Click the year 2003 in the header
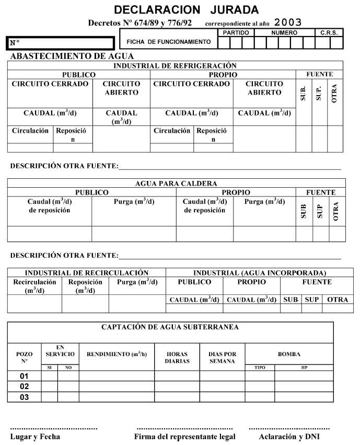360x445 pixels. tap(288, 22)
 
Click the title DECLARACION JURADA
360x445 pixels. tap(186, 9)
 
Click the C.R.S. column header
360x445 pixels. tap(329, 32)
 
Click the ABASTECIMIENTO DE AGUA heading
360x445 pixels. tap(72, 56)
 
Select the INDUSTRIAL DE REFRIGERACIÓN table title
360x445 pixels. tap(175, 66)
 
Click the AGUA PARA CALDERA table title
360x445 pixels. tap(176, 184)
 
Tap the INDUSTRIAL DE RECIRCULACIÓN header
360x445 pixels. tap(87, 273)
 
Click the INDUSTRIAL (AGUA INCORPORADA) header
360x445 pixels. tap(260, 273)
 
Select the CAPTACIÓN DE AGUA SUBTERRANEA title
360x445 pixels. tap(170, 327)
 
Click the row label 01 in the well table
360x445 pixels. tap(24, 376)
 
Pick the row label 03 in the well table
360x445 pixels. tap(24, 397)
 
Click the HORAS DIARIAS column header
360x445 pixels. tap(177, 358)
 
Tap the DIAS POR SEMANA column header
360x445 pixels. tap(222, 358)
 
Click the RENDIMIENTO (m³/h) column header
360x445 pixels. tap(117, 354)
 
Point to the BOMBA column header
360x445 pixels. tap(288, 354)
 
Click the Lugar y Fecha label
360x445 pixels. tap(35, 437)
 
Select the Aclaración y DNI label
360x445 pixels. tap(289, 437)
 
